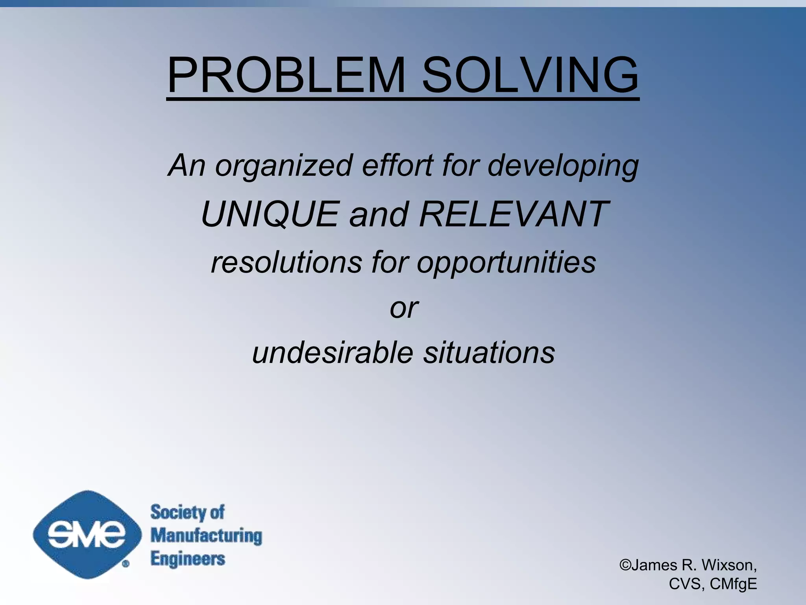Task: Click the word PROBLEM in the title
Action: pos(287,75)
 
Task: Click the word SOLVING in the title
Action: pos(530,75)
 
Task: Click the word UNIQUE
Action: pos(270,214)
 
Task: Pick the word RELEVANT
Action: pos(514,214)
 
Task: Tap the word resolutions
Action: pos(286,262)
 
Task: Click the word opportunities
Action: pos(506,263)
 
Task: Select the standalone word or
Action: pos(404,308)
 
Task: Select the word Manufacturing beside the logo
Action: pos(206,536)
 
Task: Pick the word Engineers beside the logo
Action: pos(188,559)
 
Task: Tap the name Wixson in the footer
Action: pos(728,565)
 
